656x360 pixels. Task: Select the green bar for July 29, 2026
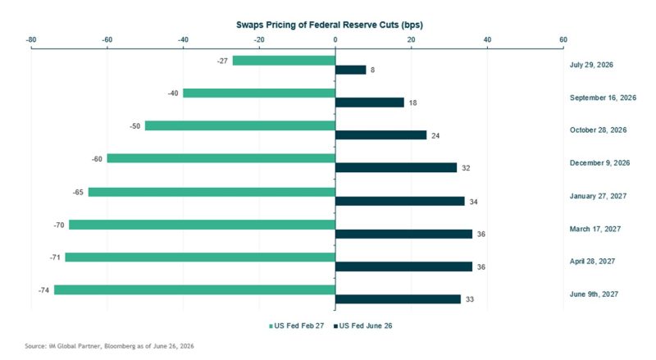(x=284, y=61)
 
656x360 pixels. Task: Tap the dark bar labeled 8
(x=351, y=70)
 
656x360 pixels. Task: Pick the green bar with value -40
(x=259, y=93)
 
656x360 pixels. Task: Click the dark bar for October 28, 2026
(x=381, y=134)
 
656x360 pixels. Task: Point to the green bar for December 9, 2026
(x=221, y=158)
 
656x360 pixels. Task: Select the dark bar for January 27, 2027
(x=400, y=202)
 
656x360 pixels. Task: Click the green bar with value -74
(x=195, y=289)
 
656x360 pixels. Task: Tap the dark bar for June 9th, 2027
(x=398, y=298)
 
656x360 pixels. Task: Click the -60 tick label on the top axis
(x=107, y=39)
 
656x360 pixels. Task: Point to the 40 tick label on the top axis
(x=487, y=39)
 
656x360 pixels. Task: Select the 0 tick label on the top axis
(x=335, y=39)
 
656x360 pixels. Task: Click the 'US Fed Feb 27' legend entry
(x=296, y=326)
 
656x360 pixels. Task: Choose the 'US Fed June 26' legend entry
(x=362, y=326)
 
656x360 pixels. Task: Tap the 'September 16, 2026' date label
(x=603, y=98)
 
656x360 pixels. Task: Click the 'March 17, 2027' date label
(x=595, y=229)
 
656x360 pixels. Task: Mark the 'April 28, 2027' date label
(x=592, y=262)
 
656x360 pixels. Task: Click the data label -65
(x=78, y=192)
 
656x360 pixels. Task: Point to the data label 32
(x=466, y=168)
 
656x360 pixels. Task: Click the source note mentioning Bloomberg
(x=109, y=346)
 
